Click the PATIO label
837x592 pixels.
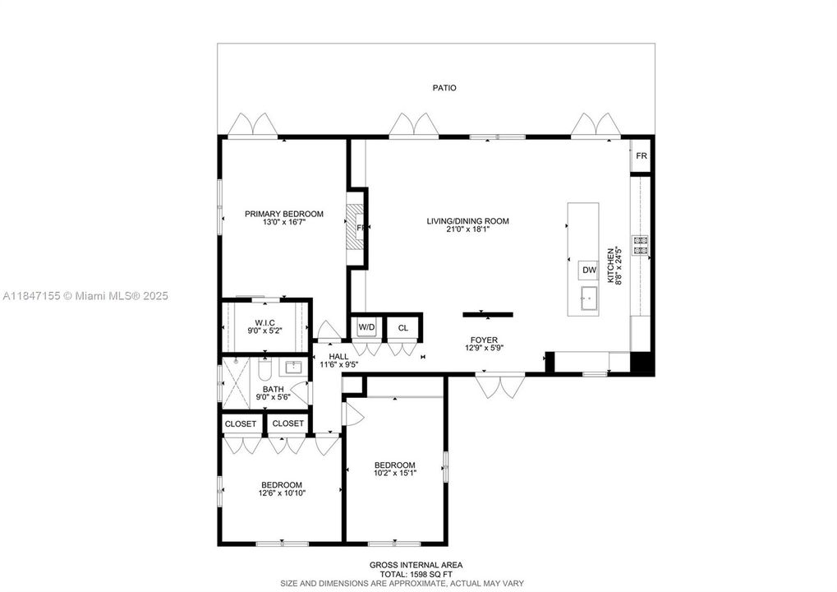point(444,88)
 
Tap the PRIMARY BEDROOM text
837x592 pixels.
point(283,214)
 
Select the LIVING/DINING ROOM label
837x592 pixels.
point(467,221)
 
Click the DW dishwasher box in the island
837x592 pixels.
point(588,271)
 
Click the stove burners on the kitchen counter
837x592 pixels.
point(640,243)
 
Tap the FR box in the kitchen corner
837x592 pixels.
point(641,156)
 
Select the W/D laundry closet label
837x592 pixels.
point(366,328)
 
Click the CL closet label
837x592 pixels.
point(402,328)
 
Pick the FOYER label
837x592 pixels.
point(483,340)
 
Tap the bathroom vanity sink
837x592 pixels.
point(294,367)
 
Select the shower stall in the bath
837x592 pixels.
point(238,382)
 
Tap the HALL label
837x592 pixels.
point(338,356)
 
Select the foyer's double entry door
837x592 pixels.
point(500,386)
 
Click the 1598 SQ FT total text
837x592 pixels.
point(415,574)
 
